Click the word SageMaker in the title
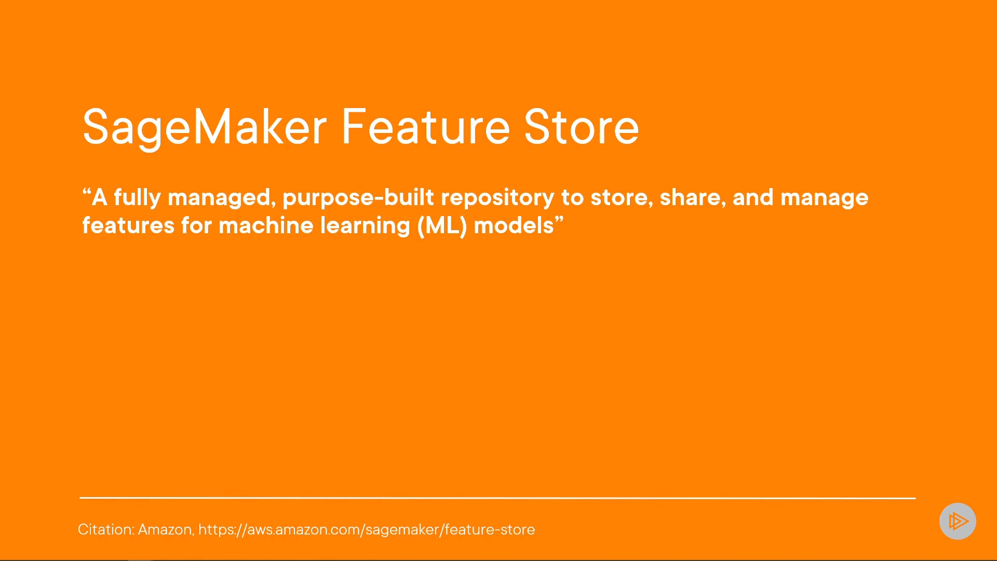205,127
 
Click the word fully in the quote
137,198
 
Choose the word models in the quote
514,226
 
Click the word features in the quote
128,226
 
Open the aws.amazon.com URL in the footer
367,530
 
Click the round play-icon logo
958,521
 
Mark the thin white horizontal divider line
497,498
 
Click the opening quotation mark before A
87,193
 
